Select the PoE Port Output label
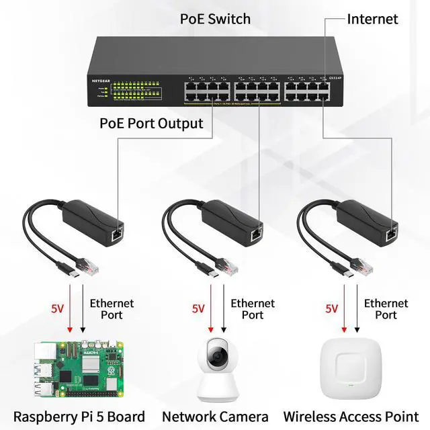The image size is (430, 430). click(x=151, y=124)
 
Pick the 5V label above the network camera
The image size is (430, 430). click(x=198, y=309)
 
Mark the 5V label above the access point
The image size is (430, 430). click(x=332, y=309)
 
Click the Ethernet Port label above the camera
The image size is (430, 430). click(x=253, y=309)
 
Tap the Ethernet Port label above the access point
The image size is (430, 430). click(x=386, y=309)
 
